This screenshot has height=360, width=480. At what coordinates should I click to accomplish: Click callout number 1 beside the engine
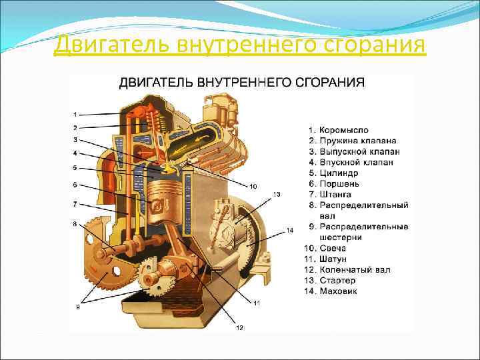75,113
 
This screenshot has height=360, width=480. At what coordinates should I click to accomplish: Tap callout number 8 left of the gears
75,223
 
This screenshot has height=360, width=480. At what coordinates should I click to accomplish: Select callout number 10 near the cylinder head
253,185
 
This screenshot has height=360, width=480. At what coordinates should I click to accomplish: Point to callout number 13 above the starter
276,194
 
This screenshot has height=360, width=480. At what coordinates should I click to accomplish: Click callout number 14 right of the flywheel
289,231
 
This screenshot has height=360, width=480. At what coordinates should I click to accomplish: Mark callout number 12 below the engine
240,327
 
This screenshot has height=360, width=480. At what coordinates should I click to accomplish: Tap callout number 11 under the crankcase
257,303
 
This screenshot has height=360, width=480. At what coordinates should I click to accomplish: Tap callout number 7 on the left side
75,203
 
